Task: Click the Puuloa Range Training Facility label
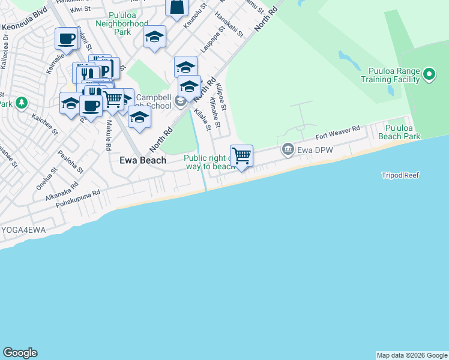coord(390,74)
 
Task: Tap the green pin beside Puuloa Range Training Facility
coord(429,74)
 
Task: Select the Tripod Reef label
coord(400,175)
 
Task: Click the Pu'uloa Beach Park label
coord(403,132)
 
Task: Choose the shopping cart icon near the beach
coord(241,156)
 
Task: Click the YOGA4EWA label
coord(23,230)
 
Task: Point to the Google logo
coord(20,353)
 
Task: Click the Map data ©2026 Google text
coord(412,355)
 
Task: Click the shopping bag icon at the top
coord(177,8)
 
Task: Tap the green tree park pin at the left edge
coord(22,103)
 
